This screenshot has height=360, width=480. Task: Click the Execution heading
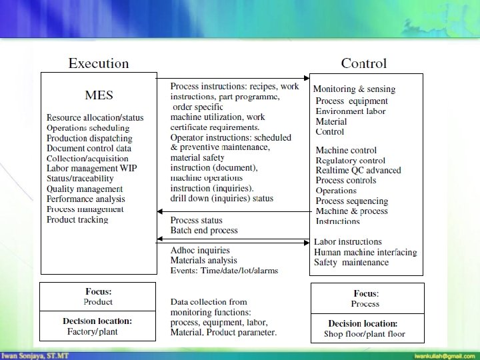[x=99, y=64]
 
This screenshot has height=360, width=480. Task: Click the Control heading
[x=363, y=64]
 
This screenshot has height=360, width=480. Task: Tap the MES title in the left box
[x=99, y=95]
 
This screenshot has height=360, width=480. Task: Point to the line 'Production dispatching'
[x=89, y=138]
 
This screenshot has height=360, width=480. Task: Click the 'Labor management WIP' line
[x=91, y=169]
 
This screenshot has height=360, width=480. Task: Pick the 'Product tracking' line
[x=77, y=219]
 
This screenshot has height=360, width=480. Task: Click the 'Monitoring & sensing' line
[x=354, y=89]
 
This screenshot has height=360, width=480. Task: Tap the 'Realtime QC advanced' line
[x=358, y=170]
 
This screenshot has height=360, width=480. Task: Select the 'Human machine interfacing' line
[x=365, y=252]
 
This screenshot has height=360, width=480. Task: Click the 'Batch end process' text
[x=204, y=230]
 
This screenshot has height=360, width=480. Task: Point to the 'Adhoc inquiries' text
[x=200, y=251]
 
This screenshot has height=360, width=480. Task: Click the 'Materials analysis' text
[x=204, y=261]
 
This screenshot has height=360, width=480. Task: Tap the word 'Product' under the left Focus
[x=98, y=302]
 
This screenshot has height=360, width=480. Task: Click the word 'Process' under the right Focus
[x=365, y=304]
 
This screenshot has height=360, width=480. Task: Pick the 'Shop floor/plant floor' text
[x=365, y=334]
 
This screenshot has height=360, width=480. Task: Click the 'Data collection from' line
[x=209, y=302]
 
